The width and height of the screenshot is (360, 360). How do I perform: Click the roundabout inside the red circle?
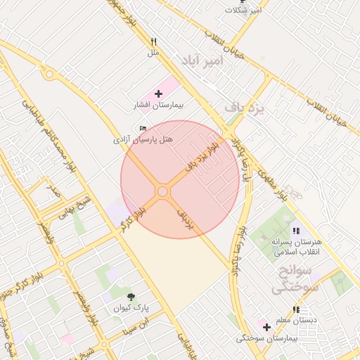[162, 191]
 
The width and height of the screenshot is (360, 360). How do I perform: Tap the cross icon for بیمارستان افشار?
[158, 93]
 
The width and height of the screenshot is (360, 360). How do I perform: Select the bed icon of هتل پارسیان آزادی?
[143, 128]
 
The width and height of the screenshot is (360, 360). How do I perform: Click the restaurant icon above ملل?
[153, 41]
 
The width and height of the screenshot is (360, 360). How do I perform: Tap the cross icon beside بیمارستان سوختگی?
[266, 327]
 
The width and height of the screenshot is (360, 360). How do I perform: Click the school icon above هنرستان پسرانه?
[295, 231]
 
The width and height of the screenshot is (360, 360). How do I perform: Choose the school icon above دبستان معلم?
[296, 309]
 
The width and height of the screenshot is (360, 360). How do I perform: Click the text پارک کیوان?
[131, 308]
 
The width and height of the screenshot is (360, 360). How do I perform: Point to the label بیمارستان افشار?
[158, 105]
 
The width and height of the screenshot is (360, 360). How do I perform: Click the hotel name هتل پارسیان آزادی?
[143, 140]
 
